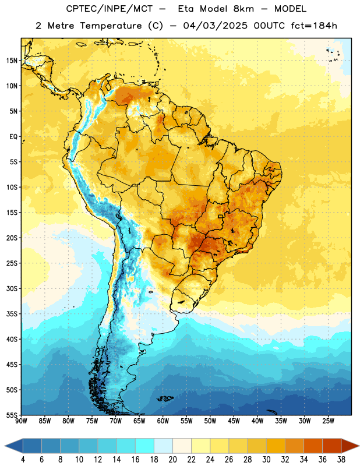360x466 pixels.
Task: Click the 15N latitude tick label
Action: tap(12, 61)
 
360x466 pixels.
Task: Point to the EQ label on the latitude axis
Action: tap(13, 137)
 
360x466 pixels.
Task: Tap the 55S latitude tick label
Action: tap(12, 415)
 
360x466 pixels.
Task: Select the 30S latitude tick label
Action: tap(12, 288)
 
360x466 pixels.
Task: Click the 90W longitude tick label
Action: tap(21, 421)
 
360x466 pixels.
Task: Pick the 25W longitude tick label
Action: tap(328, 421)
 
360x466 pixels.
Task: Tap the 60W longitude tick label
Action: tap(163, 421)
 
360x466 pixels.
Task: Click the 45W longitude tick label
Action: tap(234, 421)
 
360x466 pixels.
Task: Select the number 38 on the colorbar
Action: tap(341, 460)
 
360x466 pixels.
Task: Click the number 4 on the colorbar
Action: tap(23, 460)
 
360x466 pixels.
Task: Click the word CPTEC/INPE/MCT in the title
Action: tap(110, 9)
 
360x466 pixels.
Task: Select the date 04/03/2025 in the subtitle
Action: tap(215, 26)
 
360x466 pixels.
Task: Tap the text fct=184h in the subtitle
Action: tap(314, 26)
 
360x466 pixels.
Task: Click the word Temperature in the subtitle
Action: tap(111, 26)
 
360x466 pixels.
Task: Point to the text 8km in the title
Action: tap(243, 9)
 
